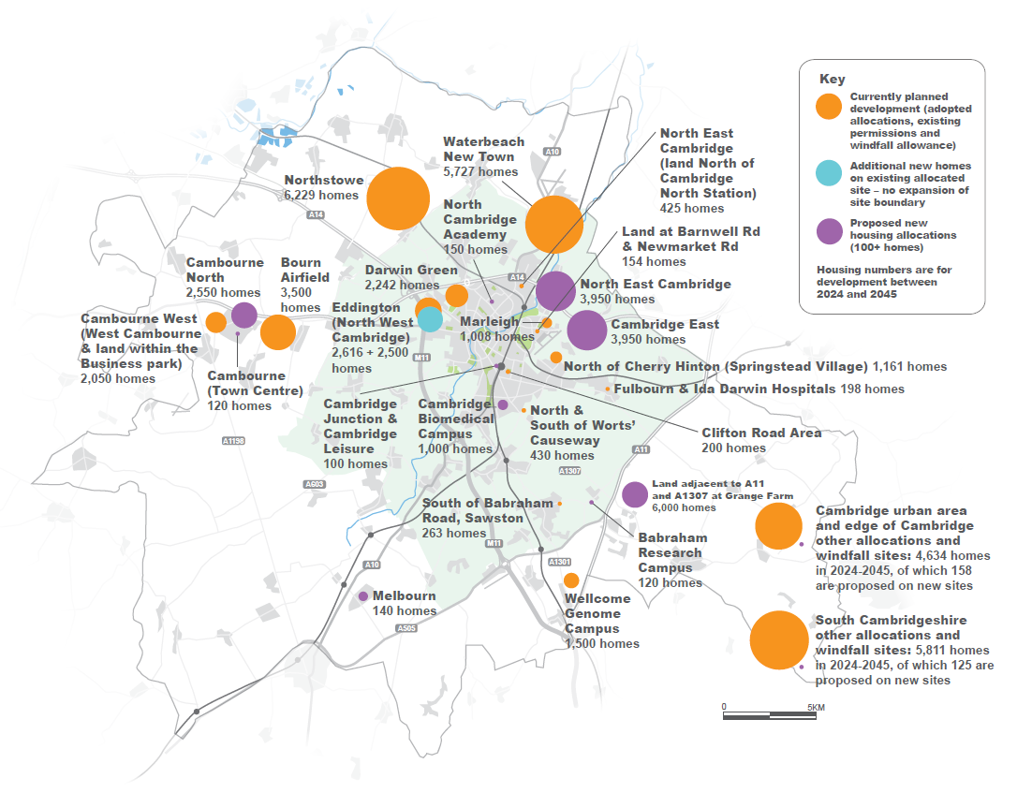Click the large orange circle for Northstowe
398,198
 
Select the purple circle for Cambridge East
587,330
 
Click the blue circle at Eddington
430,319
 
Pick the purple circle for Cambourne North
243,315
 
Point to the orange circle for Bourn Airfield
277,332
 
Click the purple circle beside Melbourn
363,596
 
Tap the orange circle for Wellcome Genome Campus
570,580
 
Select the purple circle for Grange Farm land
634,494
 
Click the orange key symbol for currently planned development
828,107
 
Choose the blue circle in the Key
828,173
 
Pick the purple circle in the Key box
828,231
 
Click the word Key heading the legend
832,79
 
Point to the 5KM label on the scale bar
815,706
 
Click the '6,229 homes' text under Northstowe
321,196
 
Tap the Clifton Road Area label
761,433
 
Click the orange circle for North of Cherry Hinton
555,357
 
